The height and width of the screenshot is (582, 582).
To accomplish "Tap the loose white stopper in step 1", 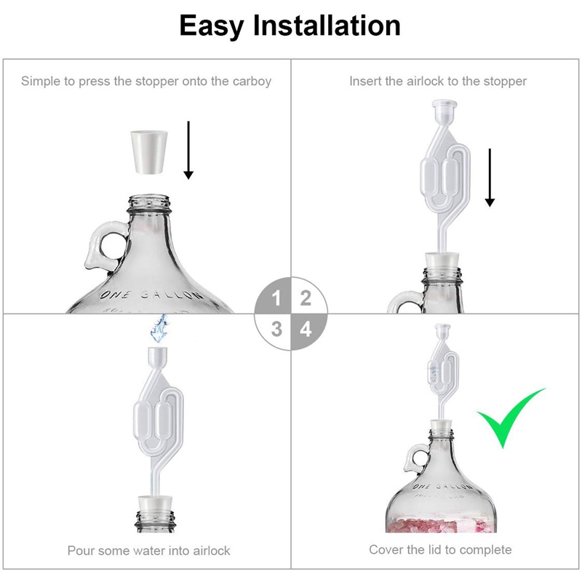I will click(154, 151).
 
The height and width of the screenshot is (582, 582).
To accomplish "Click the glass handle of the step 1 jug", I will click(102, 247).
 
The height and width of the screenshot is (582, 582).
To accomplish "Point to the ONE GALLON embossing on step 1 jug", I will click(151, 295).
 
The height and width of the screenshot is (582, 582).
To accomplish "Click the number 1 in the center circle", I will click(276, 298).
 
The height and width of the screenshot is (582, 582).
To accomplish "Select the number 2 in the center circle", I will click(306, 298).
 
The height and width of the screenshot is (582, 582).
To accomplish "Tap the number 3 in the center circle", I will click(276, 329).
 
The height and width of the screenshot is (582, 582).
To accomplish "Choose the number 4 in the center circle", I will click(306, 329).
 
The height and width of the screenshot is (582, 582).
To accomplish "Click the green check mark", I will click(509, 418).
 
